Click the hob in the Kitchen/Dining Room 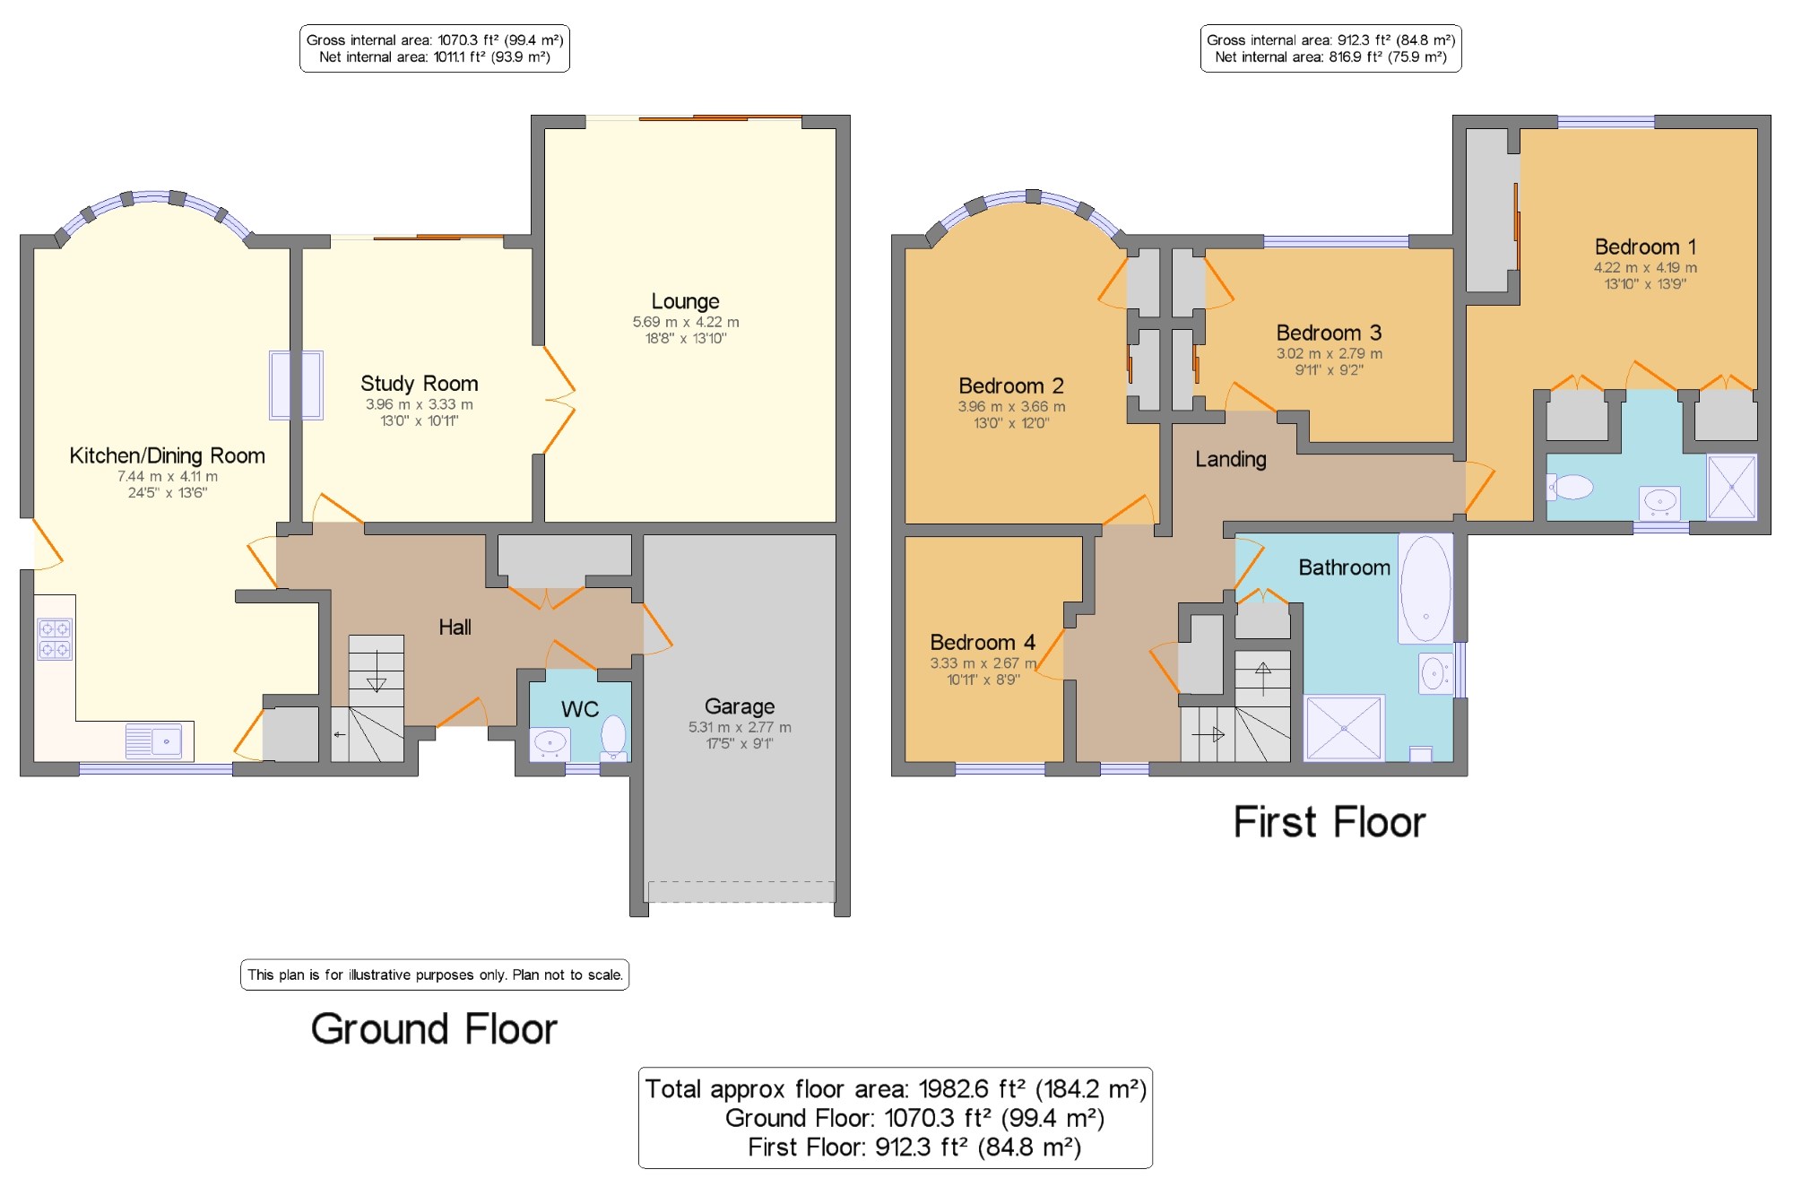(55, 638)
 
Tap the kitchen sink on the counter (153, 740)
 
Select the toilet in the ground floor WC (613, 737)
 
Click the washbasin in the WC (550, 743)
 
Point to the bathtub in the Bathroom (1425, 588)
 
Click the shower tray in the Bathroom (1344, 728)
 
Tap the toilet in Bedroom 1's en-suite (1570, 487)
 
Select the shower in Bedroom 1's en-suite (1731, 488)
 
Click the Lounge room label (685, 301)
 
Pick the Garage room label (740, 706)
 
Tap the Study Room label (420, 384)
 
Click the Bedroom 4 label (983, 642)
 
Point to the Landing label (1231, 460)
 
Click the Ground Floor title (434, 1029)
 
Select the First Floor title (1330, 822)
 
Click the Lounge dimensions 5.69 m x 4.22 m (686, 322)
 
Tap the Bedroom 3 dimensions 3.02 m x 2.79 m (1330, 353)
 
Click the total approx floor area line (896, 1089)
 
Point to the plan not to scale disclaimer (435, 974)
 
